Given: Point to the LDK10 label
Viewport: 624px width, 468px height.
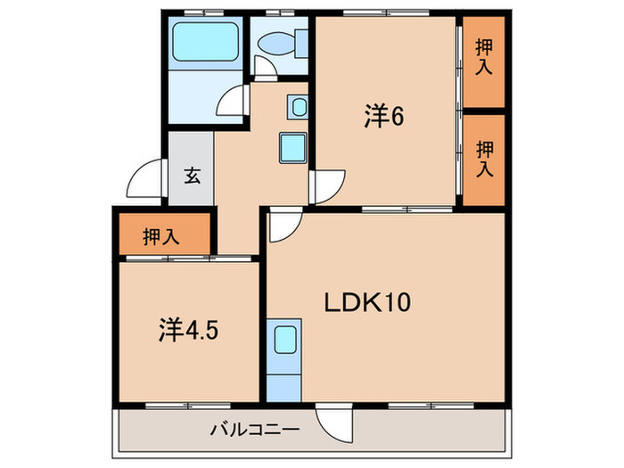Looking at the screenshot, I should [x=366, y=302].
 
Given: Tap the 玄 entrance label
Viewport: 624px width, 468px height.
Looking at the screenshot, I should [x=192, y=175].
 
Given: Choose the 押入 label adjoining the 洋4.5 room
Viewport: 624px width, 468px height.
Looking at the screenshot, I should [x=161, y=237].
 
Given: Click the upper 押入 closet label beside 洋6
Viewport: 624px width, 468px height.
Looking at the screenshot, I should [x=484, y=58].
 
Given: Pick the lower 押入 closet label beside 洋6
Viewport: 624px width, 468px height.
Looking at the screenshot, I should [x=484, y=159].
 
